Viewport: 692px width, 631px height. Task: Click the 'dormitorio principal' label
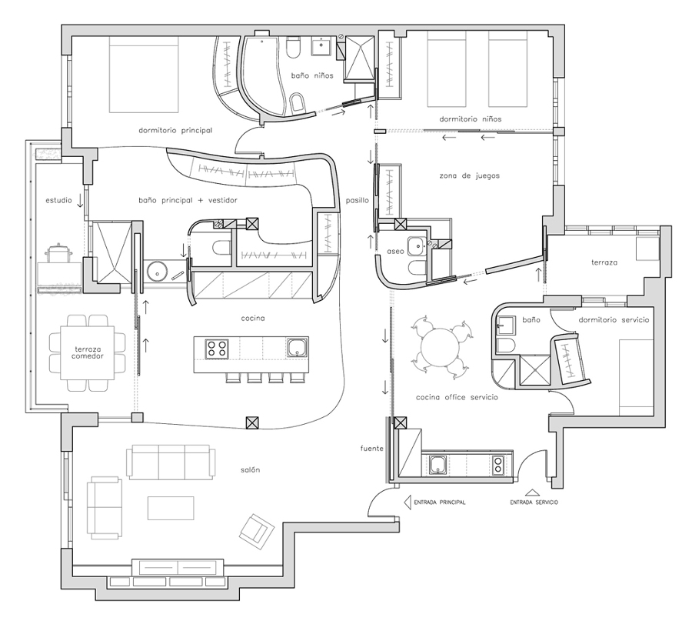[x=175, y=130]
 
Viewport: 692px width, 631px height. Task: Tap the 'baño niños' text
[x=312, y=75]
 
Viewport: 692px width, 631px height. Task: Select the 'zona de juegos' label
[x=470, y=175]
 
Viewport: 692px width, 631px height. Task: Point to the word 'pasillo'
[x=357, y=200]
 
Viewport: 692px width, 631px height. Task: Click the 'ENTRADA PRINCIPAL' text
[x=440, y=502]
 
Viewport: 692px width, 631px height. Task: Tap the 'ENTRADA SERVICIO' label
[x=534, y=502]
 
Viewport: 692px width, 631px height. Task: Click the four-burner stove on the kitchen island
[x=216, y=348]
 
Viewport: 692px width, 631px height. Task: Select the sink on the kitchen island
[x=298, y=347]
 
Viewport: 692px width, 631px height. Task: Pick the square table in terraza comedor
[x=88, y=352]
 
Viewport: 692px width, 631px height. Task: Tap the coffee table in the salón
[x=171, y=508]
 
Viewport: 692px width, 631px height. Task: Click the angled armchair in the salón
[x=258, y=531]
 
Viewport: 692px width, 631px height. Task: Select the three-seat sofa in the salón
[x=171, y=462]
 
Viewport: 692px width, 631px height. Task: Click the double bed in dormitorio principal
[x=144, y=75]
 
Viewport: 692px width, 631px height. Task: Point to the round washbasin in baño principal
[x=156, y=272]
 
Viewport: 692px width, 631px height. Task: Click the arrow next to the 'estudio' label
[x=80, y=200]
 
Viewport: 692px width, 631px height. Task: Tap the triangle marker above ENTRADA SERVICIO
[x=533, y=492]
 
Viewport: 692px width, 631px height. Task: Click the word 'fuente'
[x=371, y=448]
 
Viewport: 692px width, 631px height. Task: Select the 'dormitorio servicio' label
[x=614, y=319]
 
